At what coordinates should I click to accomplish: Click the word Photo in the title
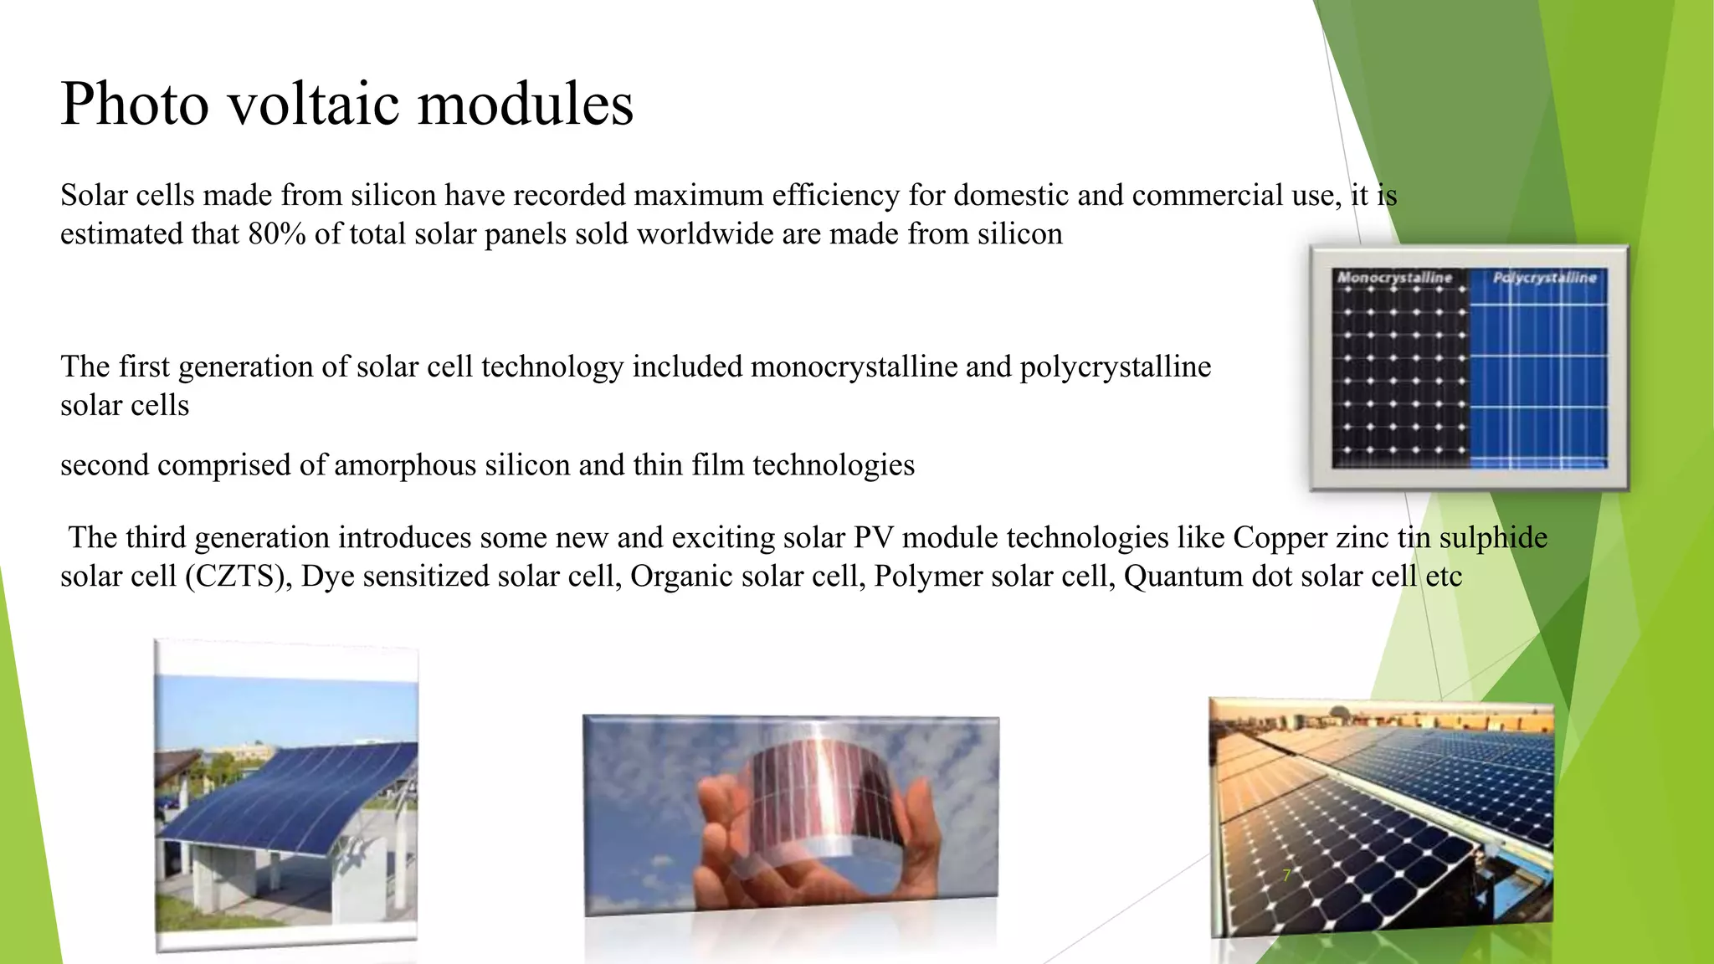135,105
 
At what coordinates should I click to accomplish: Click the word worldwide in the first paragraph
706,233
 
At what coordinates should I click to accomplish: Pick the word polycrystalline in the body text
1115,367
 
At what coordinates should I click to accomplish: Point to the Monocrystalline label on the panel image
1394,277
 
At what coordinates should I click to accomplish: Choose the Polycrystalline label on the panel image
1545,277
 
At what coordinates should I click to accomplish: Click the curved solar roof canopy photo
286,795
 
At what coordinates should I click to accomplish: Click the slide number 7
1287,875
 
